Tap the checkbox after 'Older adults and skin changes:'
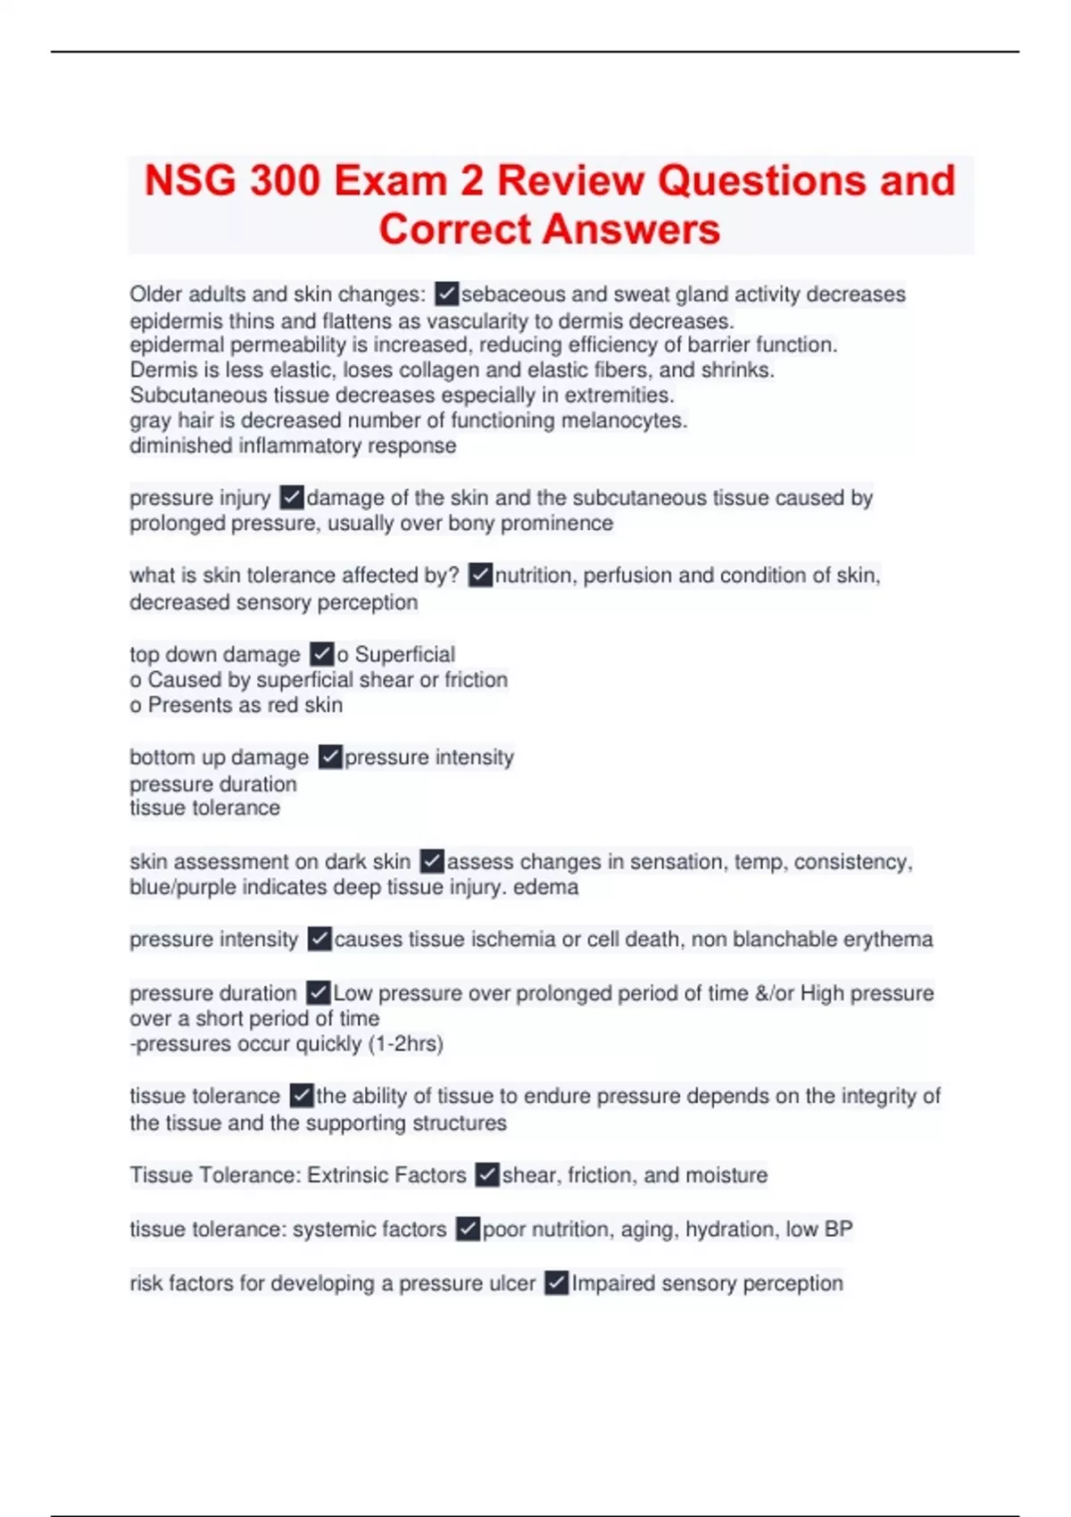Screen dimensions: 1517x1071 (446, 294)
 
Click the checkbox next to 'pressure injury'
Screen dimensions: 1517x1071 (292, 497)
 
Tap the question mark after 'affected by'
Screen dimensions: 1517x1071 (454, 576)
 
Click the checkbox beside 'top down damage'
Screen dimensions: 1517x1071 (321, 654)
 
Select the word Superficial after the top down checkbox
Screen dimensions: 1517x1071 (404, 654)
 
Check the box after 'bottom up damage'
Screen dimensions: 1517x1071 (330, 757)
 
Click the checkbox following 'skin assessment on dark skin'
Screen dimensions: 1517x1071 (432, 861)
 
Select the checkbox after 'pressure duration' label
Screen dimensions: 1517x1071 (318, 992)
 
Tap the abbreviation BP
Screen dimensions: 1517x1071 (838, 1230)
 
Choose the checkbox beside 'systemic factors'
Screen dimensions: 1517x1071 (468, 1230)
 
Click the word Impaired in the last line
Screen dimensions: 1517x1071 (609, 1283)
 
